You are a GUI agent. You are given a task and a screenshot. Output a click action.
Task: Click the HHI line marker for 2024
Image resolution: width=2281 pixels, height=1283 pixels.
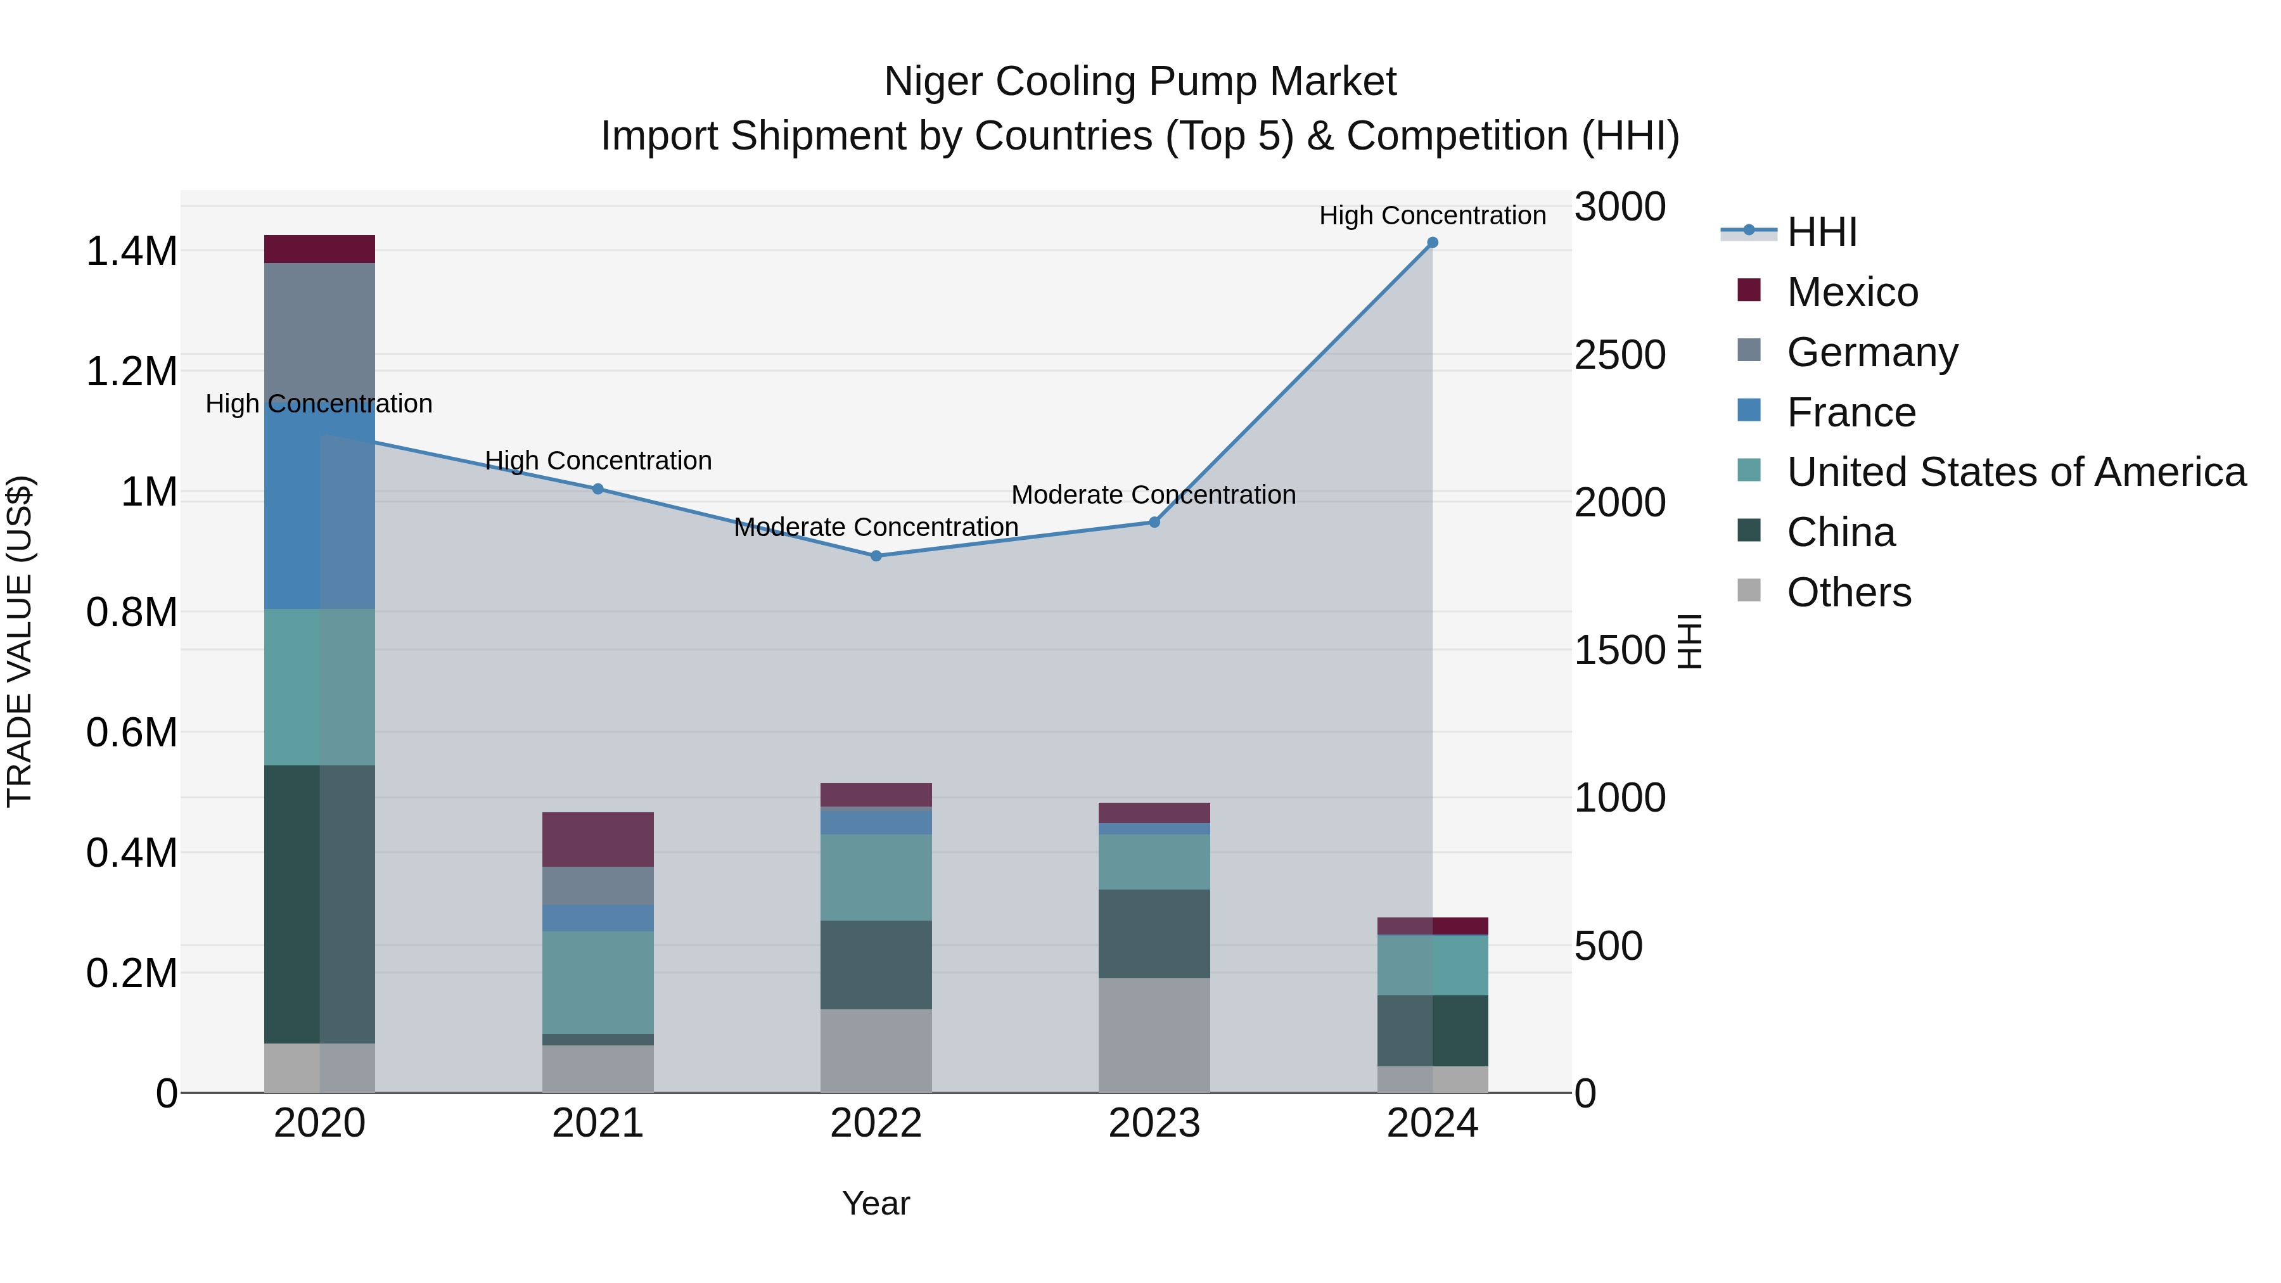coord(1432,243)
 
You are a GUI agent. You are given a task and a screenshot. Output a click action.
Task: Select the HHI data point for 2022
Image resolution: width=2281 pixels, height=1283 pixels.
coord(876,556)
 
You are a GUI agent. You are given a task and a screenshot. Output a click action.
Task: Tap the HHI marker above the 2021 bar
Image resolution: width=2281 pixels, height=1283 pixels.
coord(597,488)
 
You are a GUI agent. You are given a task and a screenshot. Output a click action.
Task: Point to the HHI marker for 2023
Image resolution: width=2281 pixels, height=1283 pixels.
coord(1154,523)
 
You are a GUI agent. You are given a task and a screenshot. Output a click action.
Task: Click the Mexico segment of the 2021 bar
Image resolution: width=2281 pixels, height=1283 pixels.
coord(597,839)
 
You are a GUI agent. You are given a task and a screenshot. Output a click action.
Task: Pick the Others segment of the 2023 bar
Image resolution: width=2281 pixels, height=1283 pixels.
coord(1154,1035)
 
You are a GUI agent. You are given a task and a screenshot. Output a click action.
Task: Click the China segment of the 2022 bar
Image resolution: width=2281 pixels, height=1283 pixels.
coord(876,965)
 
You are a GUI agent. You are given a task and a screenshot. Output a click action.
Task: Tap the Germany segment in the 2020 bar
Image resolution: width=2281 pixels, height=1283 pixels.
coord(320,328)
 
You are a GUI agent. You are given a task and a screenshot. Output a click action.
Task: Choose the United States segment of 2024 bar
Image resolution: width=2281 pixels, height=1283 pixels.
coord(1432,965)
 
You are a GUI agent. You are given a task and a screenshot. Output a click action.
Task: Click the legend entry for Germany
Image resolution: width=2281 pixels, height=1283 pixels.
coord(1872,352)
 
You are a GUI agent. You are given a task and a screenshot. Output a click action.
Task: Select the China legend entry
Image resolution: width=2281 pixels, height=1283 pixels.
coord(1840,533)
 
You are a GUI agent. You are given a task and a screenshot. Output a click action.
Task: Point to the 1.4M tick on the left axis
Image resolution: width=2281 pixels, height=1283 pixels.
coord(131,252)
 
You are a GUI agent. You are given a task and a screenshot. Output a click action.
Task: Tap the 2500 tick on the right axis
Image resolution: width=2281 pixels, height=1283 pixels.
coord(1620,355)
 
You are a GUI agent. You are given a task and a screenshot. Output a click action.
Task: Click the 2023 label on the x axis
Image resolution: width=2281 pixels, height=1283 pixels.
coord(1154,1123)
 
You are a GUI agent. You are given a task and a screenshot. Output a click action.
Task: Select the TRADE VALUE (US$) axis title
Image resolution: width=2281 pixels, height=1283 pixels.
coord(20,641)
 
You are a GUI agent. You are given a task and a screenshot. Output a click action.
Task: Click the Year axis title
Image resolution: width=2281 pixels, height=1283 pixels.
coord(876,1203)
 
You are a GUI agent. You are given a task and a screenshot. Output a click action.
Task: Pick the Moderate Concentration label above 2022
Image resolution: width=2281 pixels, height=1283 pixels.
coord(876,527)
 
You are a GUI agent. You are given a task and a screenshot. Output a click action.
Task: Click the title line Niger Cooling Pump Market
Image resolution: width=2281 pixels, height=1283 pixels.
coord(1140,82)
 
